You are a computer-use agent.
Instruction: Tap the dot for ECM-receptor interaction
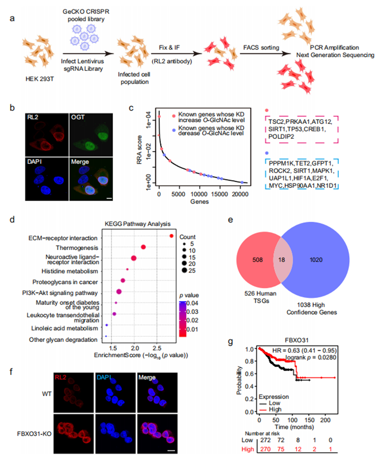coord(172,236)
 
